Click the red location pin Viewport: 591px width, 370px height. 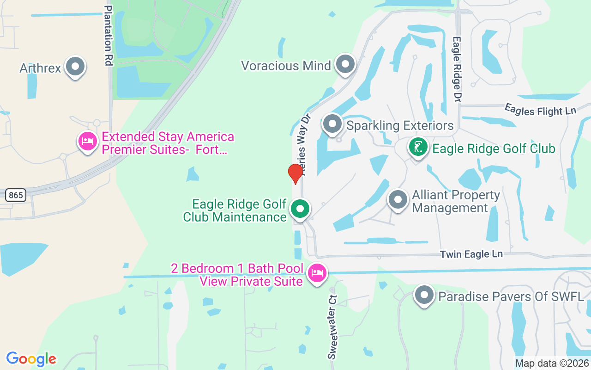pos(295,173)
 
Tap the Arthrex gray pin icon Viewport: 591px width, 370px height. pos(75,67)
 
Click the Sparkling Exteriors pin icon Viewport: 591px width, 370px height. pos(332,124)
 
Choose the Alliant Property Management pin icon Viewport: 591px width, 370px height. pos(398,200)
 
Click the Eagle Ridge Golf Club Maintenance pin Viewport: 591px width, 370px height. pos(300,209)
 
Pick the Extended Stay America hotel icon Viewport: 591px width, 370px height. pos(87,141)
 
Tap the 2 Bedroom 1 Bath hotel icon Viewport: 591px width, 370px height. pos(317,273)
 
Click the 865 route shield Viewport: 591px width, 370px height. pos(16,195)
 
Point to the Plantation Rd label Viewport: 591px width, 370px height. pos(109,36)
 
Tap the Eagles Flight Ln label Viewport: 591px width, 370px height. pos(540,110)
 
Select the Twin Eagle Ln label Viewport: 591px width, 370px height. pos(471,254)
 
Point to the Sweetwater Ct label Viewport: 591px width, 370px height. pos(332,327)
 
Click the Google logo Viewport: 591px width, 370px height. pos(31,359)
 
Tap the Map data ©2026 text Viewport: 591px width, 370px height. pos(552,364)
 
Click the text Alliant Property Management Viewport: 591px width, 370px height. pos(456,201)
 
